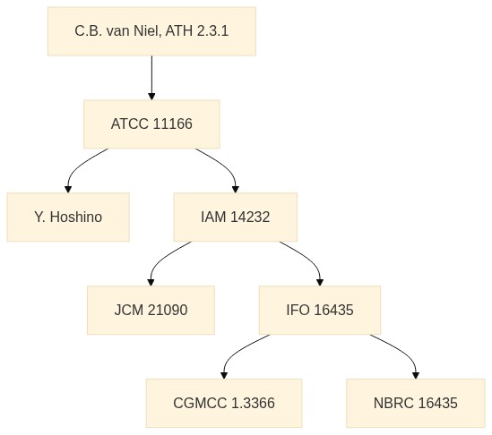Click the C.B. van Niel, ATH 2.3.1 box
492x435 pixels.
(x=151, y=31)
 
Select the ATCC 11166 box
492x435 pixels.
(x=151, y=124)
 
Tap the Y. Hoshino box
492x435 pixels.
(x=68, y=217)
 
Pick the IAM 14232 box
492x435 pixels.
(x=236, y=217)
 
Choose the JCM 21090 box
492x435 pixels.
(x=151, y=311)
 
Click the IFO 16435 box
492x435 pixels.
(x=320, y=311)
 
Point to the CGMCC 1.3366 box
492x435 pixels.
(x=224, y=403)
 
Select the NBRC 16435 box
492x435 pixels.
(x=416, y=403)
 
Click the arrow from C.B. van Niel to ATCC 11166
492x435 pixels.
(x=151, y=78)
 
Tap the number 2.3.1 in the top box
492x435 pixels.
(x=212, y=31)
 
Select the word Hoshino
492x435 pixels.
(x=76, y=217)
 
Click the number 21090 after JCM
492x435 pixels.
(x=168, y=310)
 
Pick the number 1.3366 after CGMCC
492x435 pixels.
(x=253, y=403)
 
